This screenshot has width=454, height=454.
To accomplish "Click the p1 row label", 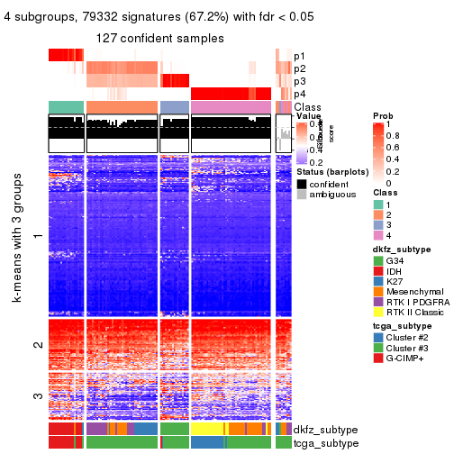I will click(x=300, y=56).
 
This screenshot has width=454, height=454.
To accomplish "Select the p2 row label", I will click(x=300, y=68).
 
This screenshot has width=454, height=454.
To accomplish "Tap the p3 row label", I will click(x=300, y=81).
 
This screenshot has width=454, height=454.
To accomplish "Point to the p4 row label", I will click(x=300, y=94).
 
